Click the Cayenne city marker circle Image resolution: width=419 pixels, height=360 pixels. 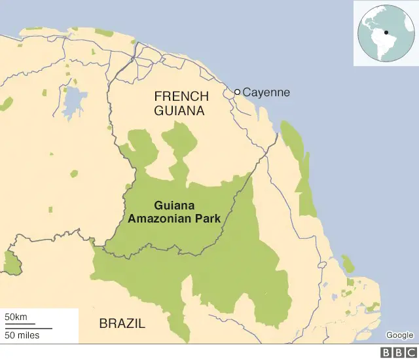click(x=238, y=92)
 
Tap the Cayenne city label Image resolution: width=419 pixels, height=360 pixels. click(x=266, y=92)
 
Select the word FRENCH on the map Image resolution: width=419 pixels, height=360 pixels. click(x=181, y=97)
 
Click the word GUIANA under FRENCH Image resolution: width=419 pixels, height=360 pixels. click(x=179, y=111)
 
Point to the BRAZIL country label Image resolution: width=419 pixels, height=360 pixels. click(x=122, y=323)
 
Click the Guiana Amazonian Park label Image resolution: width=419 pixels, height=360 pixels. click(x=173, y=212)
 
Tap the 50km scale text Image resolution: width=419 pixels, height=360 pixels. click(x=16, y=317)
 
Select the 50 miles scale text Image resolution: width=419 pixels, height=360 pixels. click(x=22, y=336)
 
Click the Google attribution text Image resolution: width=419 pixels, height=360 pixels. click(x=399, y=335)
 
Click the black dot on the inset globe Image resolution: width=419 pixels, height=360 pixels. click(x=386, y=32)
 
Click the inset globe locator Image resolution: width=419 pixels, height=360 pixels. click(x=386, y=33)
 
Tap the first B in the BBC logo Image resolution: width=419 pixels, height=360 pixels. click(x=384, y=353)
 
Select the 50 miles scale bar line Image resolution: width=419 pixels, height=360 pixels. click(x=28, y=327)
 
